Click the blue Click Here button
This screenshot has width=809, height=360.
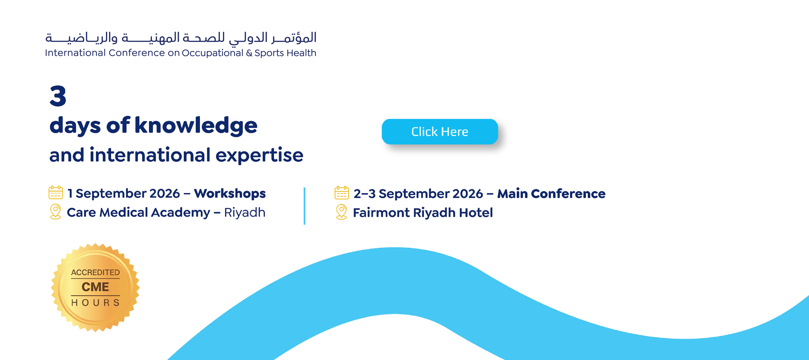[440, 132]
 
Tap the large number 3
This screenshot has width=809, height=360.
[58, 96]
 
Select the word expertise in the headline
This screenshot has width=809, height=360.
[259, 155]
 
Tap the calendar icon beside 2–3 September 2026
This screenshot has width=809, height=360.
[342, 193]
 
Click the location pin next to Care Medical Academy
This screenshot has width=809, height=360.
[56, 212]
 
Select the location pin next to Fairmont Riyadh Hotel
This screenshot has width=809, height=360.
[341, 212]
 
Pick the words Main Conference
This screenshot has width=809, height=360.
[551, 194]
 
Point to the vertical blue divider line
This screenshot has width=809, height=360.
[305, 206]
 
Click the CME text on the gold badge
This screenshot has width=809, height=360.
[95, 287]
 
